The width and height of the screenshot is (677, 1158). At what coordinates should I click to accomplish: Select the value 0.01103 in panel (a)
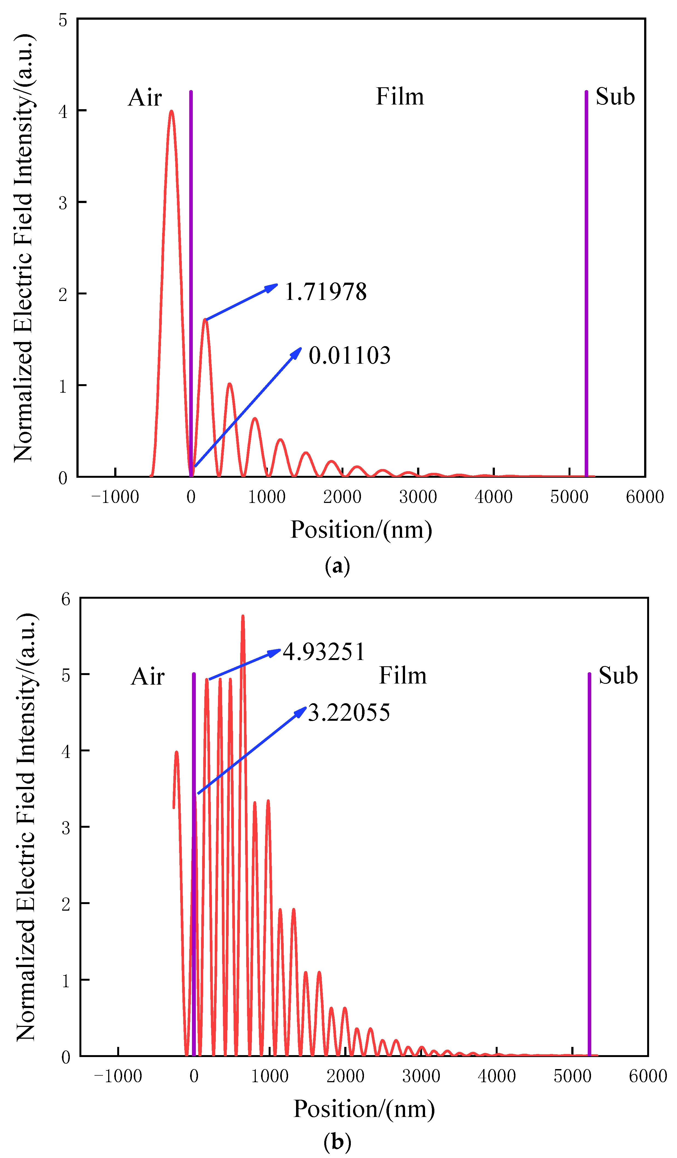pyautogui.click(x=349, y=356)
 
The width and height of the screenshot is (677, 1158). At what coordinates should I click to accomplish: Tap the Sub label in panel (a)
pyautogui.click(x=615, y=97)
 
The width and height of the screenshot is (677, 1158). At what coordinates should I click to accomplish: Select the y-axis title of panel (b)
pyautogui.click(x=26, y=827)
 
